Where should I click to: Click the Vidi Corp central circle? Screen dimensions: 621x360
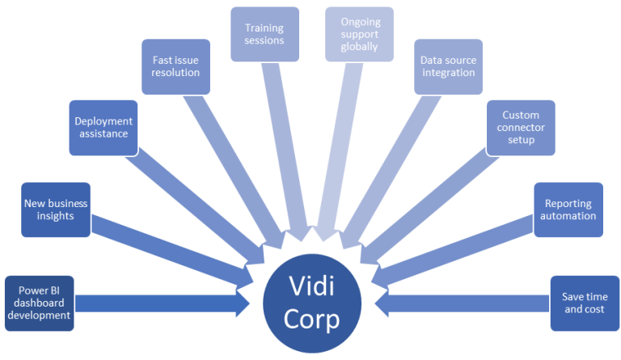pyautogui.click(x=312, y=303)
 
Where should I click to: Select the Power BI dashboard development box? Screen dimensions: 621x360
pyautogui.click(x=39, y=303)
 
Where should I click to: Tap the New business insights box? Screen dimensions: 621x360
pyautogui.click(x=56, y=210)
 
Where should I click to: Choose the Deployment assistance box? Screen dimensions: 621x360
pyautogui.click(x=103, y=128)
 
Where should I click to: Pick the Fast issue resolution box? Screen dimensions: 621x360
pyautogui.click(x=175, y=66)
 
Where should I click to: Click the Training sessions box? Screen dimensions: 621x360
pyautogui.click(x=264, y=34)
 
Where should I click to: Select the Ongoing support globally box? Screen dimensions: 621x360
pyautogui.click(x=360, y=34)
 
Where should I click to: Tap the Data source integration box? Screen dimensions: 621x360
pyautogui.click(x=448, y=66)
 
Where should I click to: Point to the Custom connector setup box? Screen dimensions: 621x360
pyautogui.click(x=521, y=128)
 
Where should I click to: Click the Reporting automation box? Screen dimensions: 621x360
pyautogui.click(x=568, y=210)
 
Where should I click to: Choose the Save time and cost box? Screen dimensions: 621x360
pyautogui.click(x=585, y=303)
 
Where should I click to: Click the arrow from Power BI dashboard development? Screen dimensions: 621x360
pyautogui.click(x=163, y=303)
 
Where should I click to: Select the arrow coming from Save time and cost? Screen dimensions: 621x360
pyautogui.click(x=462, y=303)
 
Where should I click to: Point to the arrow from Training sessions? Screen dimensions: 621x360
pyautogui.click(x=286, y=151)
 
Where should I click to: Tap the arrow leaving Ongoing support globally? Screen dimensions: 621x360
pyautogui.click(x=339, y=151)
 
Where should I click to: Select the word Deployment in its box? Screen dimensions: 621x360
pyautogui.click(x=103, y=121)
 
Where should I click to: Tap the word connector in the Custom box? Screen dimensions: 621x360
pyautogui.click(x=521, y=128)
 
